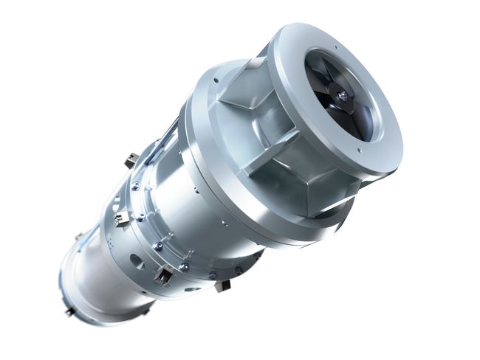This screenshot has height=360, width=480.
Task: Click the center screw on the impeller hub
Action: click(342, 94)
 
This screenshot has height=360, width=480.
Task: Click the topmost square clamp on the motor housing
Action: click(131, 158)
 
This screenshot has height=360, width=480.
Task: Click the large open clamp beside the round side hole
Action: click(163, 276)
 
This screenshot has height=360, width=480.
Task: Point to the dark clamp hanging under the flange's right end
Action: click(222, 284)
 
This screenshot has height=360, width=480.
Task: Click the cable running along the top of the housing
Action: click(166, 140)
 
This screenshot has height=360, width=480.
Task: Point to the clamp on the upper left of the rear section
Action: click(79, 238)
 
